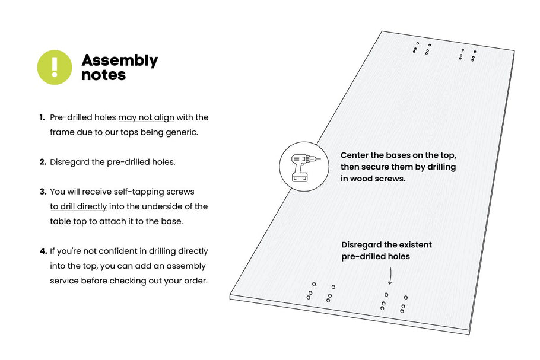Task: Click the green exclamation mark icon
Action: (x=55, y=67)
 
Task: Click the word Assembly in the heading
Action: (x=119, y=60)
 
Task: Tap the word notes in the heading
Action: (x=103, y=75)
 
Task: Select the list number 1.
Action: (x=42, y=117)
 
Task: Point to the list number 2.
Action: (x=43, y=162)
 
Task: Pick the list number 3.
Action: (x=43, y=192)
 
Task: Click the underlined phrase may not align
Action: (x=146, y=117)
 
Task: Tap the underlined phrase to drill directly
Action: (x=78, y=206)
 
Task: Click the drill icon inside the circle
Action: (x=301, y=165)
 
